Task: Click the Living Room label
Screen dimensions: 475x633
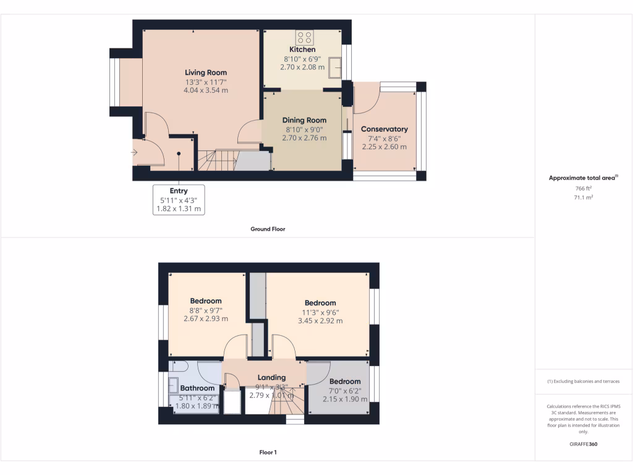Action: (x=206, y=72)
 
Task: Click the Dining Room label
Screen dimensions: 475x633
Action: (x=304, y=120)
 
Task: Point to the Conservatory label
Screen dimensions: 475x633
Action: (x=384, y=129)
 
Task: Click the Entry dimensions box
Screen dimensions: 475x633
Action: (x=179, y=200)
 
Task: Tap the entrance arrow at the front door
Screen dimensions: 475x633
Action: (x=135, y=152)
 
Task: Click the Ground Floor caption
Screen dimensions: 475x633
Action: (x=267, y=229)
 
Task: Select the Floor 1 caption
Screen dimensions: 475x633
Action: (x=268, y=452)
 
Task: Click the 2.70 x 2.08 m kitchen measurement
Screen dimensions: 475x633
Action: (x=302, y=67)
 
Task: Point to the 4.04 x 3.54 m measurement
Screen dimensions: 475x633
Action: (x=206, y=90)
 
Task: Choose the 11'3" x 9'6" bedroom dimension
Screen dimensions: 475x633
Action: (x=320, y=312)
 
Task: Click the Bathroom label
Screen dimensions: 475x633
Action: (x=197, y=388)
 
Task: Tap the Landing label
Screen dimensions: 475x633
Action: (x=271, y=377)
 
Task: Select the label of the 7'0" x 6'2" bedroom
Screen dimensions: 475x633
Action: (x=344, y=381)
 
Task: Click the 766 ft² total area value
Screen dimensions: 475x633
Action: (x=584, y=188)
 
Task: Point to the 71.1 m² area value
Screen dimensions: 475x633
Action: (x=584, y=197)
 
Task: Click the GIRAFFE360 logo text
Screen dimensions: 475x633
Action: (x=584, y=444)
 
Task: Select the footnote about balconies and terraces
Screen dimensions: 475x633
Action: (x=584, y=382)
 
